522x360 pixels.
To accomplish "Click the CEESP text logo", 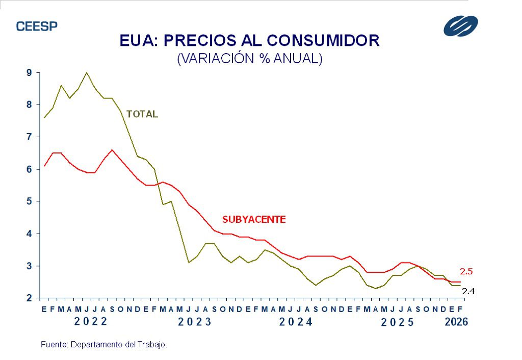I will click(x=37, y=26).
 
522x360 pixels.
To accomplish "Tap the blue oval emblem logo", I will click(x=460, y=26).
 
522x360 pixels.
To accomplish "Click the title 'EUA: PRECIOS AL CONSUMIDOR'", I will click(x=250, y=40).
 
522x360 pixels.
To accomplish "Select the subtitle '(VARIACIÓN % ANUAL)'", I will click(x=250, y=58).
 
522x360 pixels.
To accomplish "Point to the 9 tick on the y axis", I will click(x=29, y=73).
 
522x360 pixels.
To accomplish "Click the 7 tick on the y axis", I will click(x=29, y=137).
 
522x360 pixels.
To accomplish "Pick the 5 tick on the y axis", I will click(x=29, y=201).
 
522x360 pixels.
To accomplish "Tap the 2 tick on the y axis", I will click(x=29, y=298).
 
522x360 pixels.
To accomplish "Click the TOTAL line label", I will click(x=142, y=114).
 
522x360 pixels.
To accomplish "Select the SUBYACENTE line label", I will click(x=254, y=219).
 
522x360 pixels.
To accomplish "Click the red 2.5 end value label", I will click(x=467, y=271).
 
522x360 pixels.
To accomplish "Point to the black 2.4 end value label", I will click(x=468, y=291).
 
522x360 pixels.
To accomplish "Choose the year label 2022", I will click(x=91, y=322).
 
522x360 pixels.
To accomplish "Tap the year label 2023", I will click(x=195, y=322).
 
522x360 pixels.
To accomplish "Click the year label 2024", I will click(x=296, y=322).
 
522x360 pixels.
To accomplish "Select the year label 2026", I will click(x=456, y=322).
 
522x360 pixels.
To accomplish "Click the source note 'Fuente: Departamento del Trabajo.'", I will click(x=104, y=345).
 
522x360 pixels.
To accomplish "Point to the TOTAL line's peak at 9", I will click(x=87, y=72).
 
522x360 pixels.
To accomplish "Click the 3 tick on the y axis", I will click(x=29, y=266).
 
